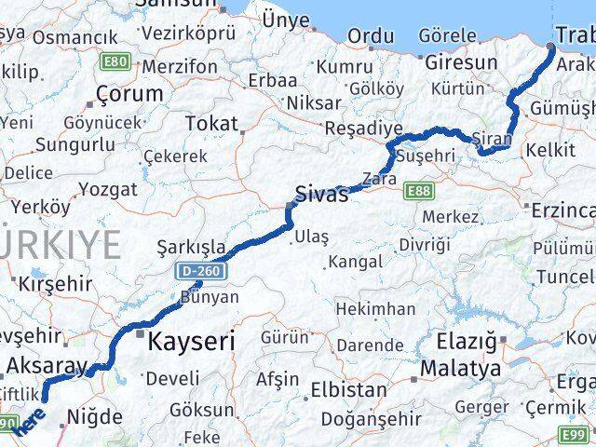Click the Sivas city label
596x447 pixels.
tap(321, 195)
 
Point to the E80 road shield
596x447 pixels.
tap(116, 61)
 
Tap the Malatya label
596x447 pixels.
tap(459, 369)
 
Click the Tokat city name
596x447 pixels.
tap(211, 123)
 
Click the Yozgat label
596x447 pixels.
tap(108, 189)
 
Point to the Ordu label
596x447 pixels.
tap(370, 36)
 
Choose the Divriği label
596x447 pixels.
tap(424, 244)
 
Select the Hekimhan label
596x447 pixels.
tap(375, 308)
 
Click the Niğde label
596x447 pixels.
tap(97, 416)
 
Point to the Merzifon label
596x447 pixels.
tap(180, 67)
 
